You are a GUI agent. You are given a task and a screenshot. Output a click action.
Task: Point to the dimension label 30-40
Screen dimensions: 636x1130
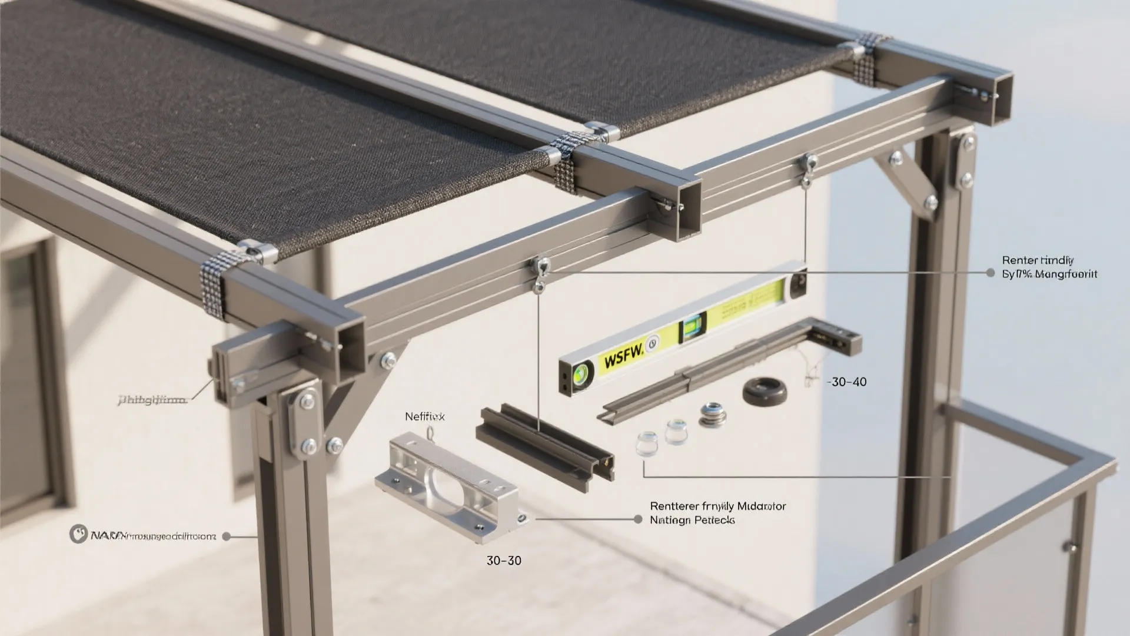click(x=847, y=382)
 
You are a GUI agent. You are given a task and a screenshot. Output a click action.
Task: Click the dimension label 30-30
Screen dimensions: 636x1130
click(x=504, y=560)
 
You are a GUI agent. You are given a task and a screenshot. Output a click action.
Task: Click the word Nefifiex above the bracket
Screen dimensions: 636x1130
click(x=424, y=416)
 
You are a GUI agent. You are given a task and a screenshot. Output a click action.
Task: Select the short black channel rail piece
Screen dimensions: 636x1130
click(x=544, y=440)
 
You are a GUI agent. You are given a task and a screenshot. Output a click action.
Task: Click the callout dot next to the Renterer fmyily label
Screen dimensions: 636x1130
click(x=637, y=519)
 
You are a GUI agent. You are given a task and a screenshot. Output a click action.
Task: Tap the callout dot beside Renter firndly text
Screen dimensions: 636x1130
click(x=990, y=273)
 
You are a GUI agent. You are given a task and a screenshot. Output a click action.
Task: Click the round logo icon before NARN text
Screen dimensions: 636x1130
click(x=78, y=534)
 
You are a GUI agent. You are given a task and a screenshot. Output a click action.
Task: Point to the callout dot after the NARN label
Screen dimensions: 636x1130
click(x=227, y=536)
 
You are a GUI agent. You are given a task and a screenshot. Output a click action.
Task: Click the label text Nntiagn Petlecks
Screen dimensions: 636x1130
click(x=692, y=520)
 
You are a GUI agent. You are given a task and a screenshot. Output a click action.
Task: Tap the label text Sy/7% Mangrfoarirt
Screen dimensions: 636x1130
click(x=1049, y=274)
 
